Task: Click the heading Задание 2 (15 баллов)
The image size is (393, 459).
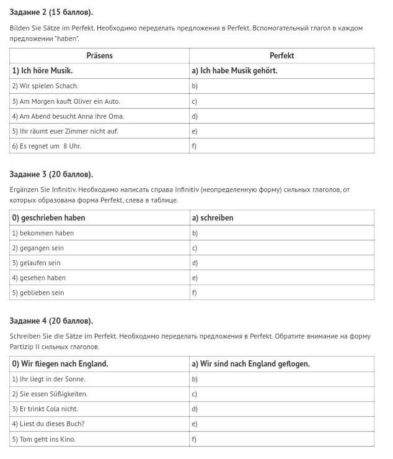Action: [x=51, y=12]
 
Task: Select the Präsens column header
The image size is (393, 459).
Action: [x=99, y=56]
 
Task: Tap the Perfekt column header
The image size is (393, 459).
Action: [x=281, y=56]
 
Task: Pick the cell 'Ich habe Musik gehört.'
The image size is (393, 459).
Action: [x=234, y=71]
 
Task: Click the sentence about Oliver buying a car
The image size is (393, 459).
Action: [x=66, y=101]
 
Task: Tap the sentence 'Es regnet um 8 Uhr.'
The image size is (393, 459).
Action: [x=46, y=146]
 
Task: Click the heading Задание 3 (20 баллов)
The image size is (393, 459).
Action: [x=51, y=175]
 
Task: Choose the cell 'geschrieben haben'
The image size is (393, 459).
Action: [x=48, y=218]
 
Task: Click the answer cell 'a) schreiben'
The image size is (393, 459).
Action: [x=213, y=218]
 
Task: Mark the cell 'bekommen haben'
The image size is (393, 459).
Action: [x=43, y=233]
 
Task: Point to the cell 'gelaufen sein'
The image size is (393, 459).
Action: [x=37, y=263]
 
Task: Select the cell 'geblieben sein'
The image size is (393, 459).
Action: [x=38, y=293]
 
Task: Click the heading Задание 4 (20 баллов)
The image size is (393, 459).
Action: [x=51, y=321]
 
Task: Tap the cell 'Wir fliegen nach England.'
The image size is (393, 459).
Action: [x=60, y=364]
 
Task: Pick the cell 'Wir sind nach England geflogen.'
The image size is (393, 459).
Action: [x=250, y=364]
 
